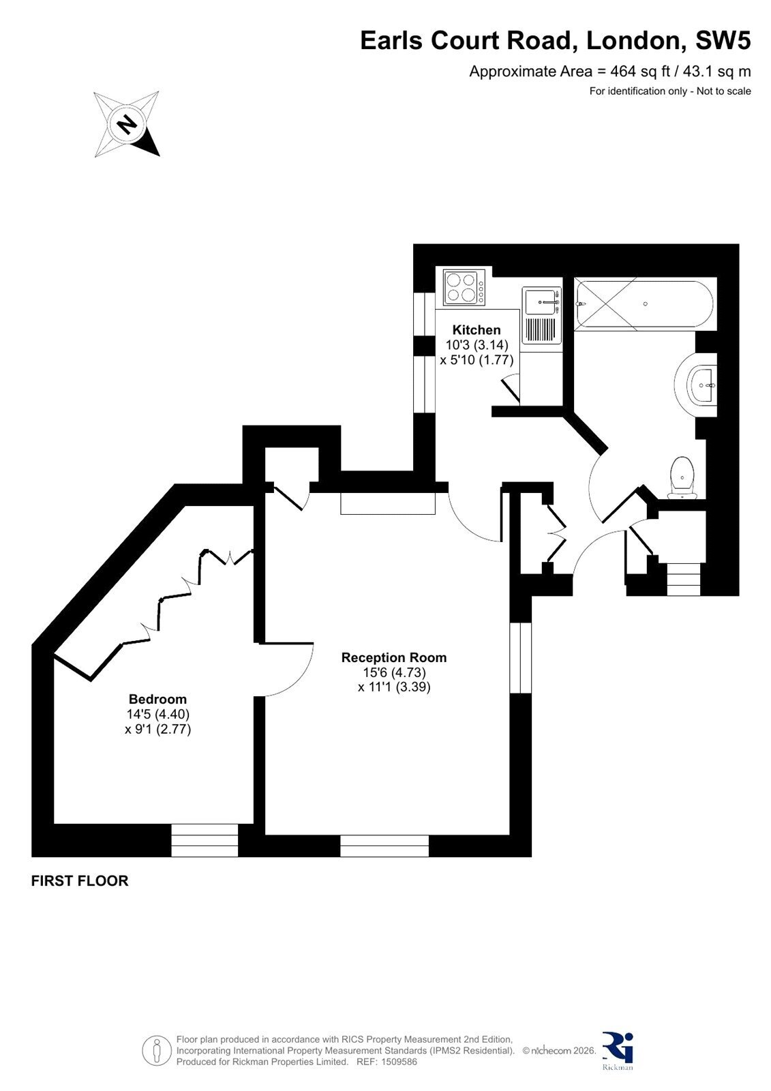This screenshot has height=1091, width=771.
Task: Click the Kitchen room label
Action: (476, 330)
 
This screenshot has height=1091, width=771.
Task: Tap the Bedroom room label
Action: (157, 700)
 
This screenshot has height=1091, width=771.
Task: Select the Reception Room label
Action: (393, 657)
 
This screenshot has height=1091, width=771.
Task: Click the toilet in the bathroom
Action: (683, 478)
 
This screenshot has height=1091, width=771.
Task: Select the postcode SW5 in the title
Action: (723, 40)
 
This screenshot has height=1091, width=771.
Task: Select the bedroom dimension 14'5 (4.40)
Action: (157, 714)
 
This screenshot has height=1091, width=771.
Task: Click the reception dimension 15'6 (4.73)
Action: (393, 672)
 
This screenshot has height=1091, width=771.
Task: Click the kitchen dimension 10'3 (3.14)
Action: (477, 345)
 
